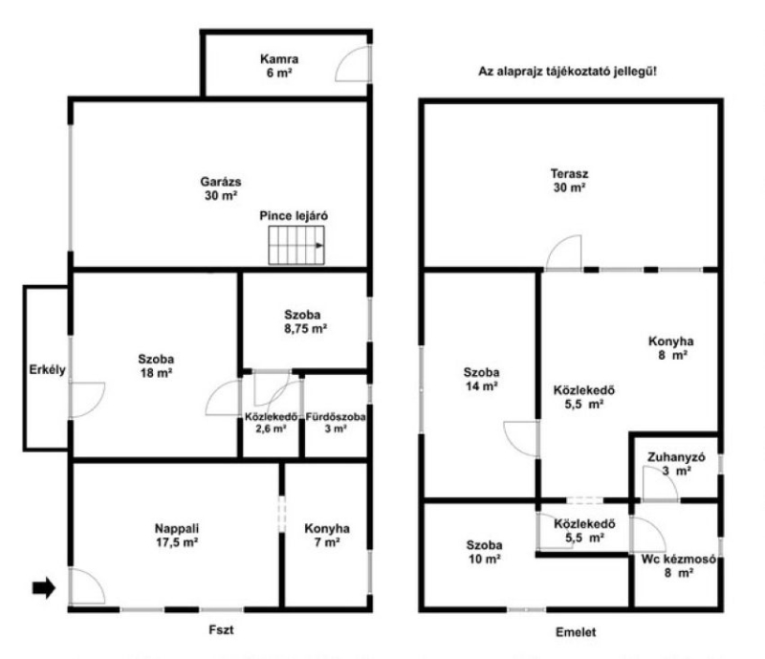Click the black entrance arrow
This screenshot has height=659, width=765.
pyautogui.click(x=44, y=587)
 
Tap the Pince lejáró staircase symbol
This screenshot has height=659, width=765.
pyautogui.click(x=296, y=245)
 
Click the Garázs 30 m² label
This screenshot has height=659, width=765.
pyautogui.click(x=221, y=188)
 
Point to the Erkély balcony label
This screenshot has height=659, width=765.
pyautogui.click(x=47, y=369)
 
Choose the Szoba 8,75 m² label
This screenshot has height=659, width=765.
pyautogui.click(x=305, y=321)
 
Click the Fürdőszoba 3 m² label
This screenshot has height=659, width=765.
pyautogui.click(x=336, y=423)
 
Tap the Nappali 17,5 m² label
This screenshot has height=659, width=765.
pyautogui.click(x=177, y=535)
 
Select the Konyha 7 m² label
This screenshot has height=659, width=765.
pyautogui.click(x=327, y=535)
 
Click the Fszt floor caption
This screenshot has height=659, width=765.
pyautogui.click(x=222, y=629)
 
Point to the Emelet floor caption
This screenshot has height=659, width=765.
pyautogui.click(x=576, y=632)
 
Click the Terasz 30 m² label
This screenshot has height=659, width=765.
pyautogui.click(x=569, y=180)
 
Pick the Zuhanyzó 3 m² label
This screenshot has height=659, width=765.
pyautogui.click(x=676, y=464)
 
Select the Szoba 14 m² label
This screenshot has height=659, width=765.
pyautogui.click(x=481, y=380)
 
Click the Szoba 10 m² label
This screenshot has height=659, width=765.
pyautogui.click(x=485, y=552)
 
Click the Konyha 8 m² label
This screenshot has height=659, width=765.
pyautogui.click(x=671, y=348)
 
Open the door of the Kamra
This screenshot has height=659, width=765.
pyautogui.click(x=353, y=63)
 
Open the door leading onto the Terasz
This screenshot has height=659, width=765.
pyautogui.click(x=564, y=253)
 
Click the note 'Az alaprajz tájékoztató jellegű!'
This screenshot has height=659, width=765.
pyautogui.click(x=567, y=72)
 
